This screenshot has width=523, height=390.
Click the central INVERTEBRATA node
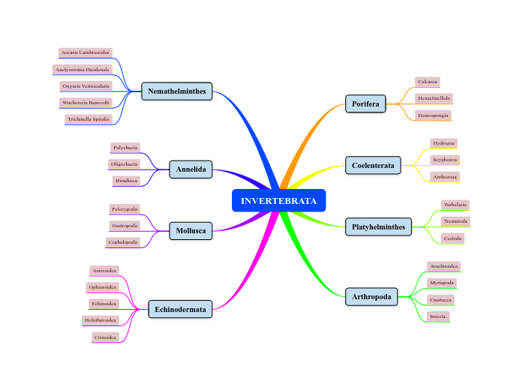click(278, 201)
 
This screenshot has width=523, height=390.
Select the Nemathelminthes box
click(177, 91)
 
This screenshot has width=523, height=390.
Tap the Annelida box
click(191, 169)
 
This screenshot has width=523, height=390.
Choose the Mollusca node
click(191, 231)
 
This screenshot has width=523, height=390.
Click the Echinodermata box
click(180, 308)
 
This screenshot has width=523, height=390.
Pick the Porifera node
click(365, 103)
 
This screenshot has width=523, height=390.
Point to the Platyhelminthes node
click(378, 226)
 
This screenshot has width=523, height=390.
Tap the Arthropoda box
click(371, 297)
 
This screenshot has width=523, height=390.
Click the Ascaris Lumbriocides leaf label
click(85, 52)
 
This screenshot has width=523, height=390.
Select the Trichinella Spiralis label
click(88, 118)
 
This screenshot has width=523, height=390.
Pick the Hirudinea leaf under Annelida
click(125, 181)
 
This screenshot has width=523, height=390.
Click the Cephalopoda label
click(123, 242)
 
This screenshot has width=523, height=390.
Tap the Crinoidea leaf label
click(105, 337)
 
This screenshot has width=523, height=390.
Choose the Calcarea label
click(427, 81)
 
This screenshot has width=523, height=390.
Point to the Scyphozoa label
click(444, 160)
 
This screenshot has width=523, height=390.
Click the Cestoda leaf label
click(452, 238)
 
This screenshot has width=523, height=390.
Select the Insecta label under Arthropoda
click(438, 316)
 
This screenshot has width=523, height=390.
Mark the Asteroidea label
click(104, 270)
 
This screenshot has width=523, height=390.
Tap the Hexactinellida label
click(434, 97)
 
